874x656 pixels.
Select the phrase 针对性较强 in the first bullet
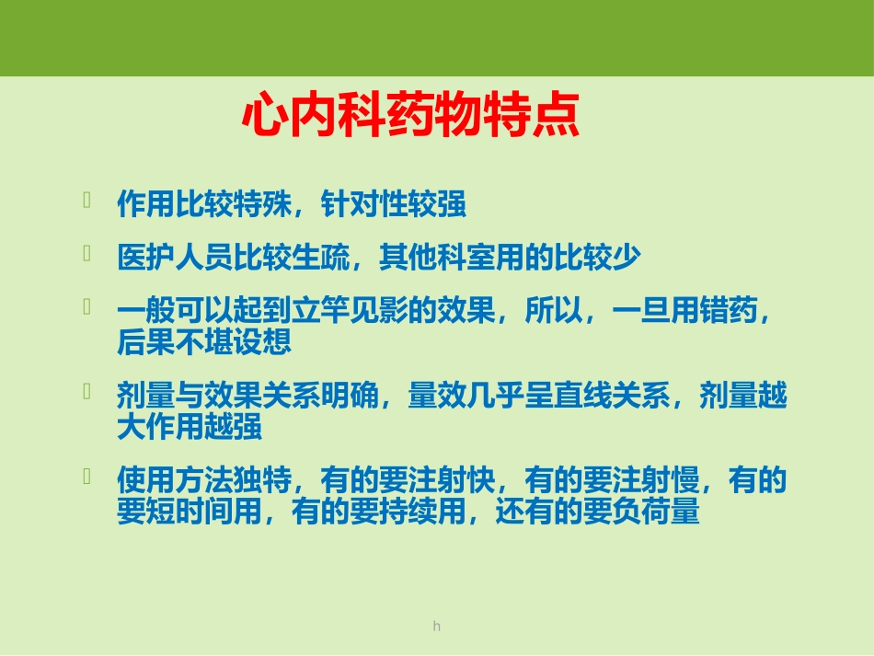[394, 204]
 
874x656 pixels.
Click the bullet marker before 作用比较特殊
[86, 201]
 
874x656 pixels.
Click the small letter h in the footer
[437, 627]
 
